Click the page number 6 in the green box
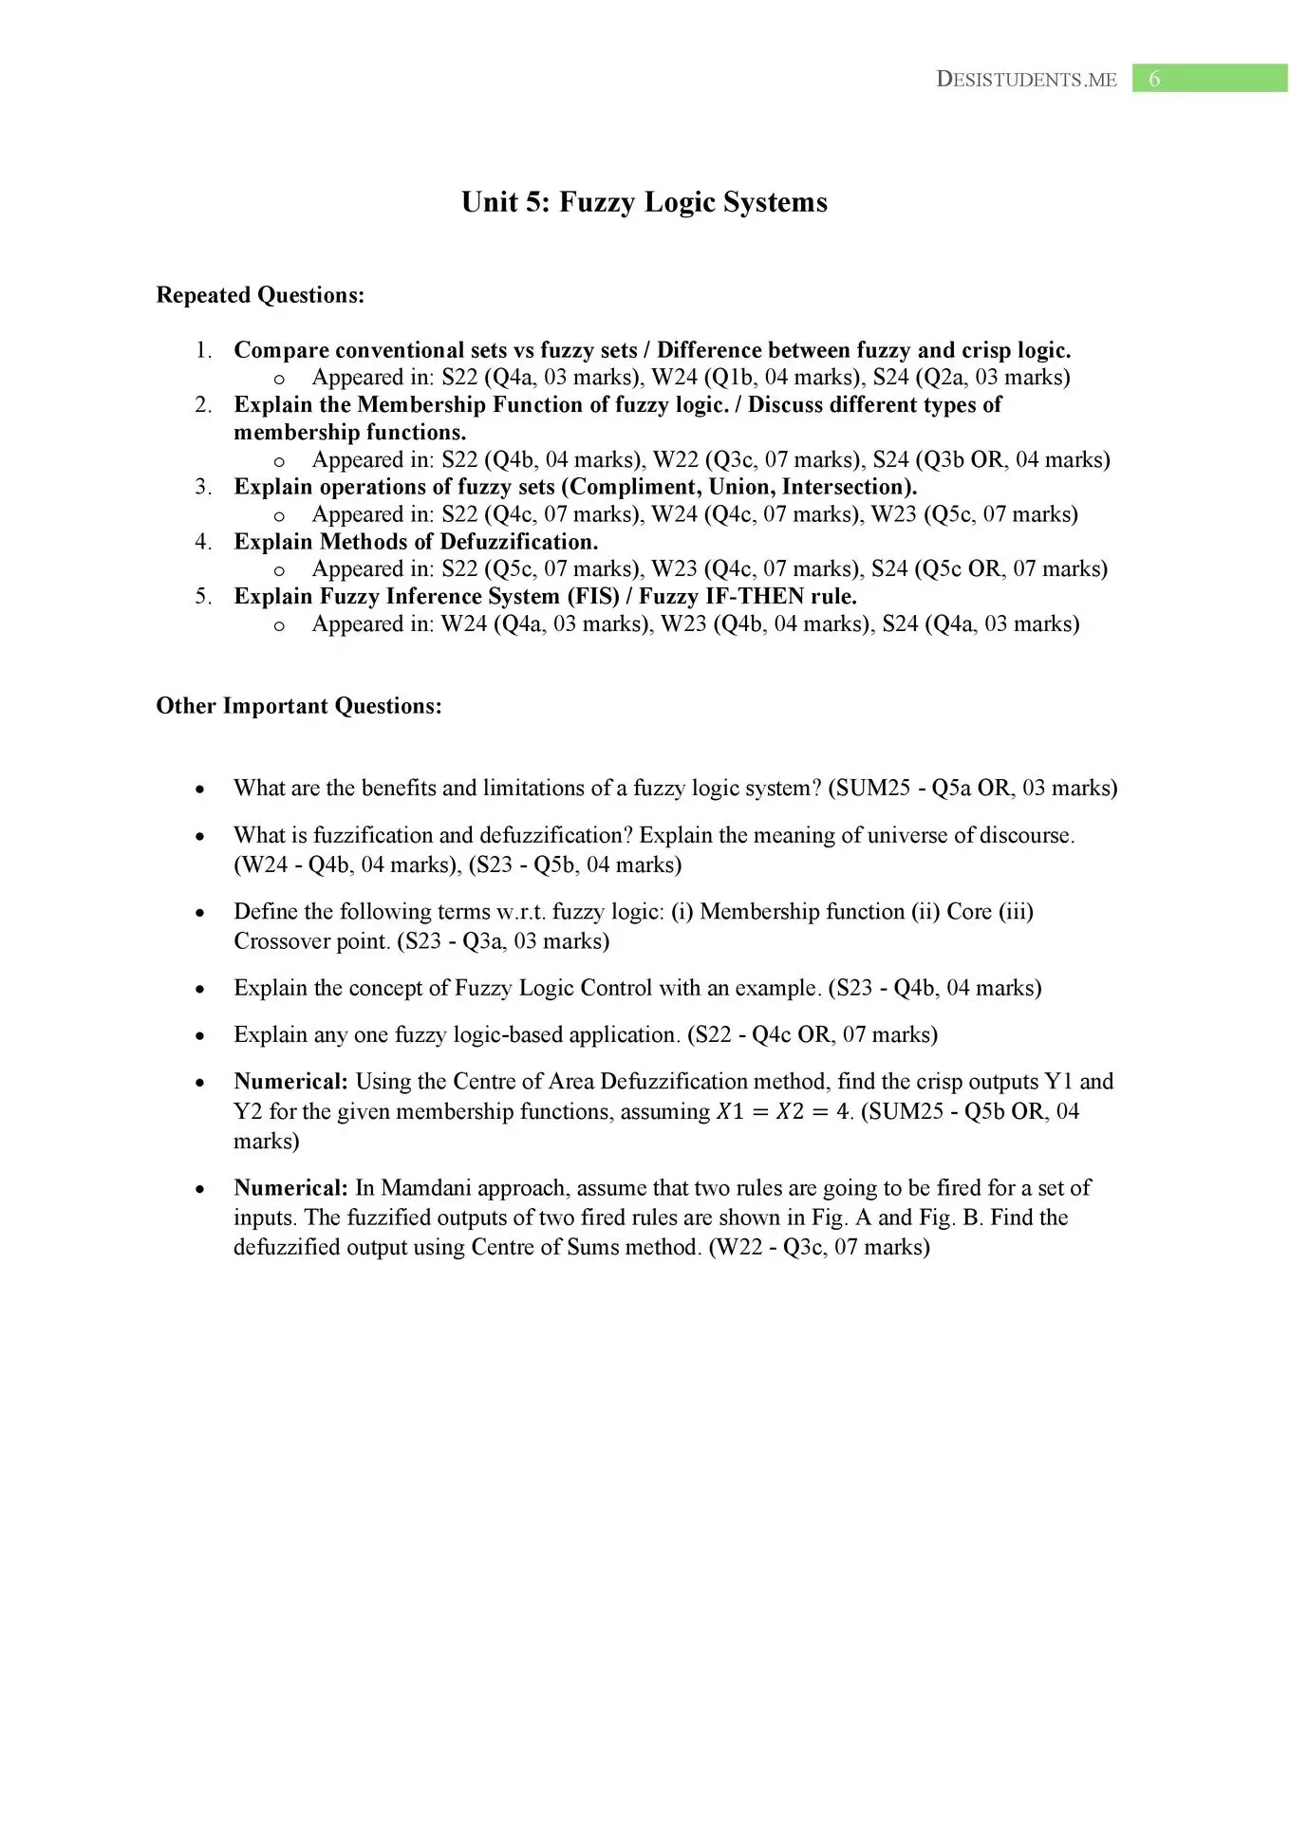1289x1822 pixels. point(1154,79)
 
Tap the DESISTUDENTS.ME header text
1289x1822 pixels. point(1026,80)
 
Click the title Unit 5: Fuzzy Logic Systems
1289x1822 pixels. point(644,202)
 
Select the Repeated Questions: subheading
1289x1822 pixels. point(260,295)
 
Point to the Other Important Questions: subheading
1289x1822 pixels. point(299,706)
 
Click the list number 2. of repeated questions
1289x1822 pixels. point(203,405)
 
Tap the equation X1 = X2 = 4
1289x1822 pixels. point(784,1111)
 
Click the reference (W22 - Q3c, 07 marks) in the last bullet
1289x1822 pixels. point(819,1247)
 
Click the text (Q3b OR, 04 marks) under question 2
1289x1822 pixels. point(1013,460)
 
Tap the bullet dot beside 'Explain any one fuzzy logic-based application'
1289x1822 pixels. point(198,1036)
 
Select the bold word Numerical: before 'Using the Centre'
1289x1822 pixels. point(290,1082)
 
